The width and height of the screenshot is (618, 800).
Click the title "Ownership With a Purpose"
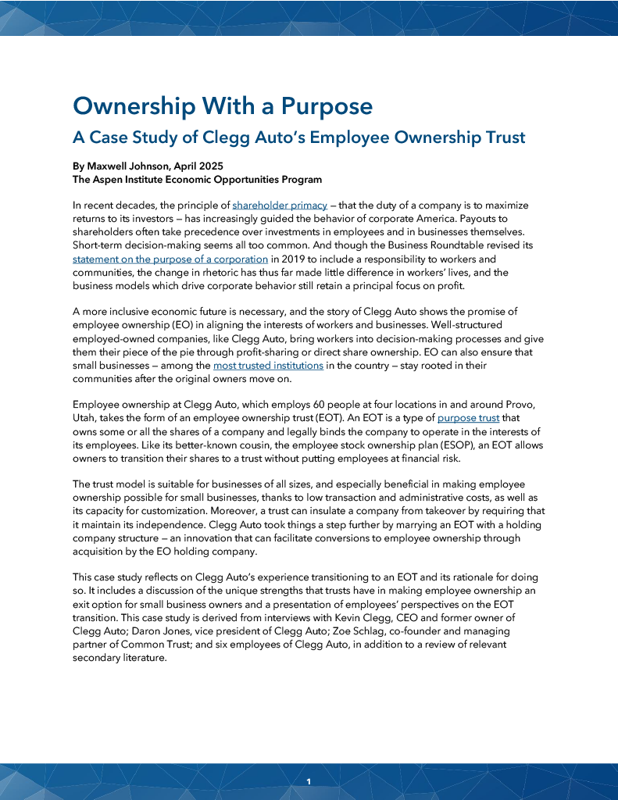click(x=222, y=106)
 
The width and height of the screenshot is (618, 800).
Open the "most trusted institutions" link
click(x=268, y=365)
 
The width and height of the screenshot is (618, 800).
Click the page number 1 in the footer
click(x=309, y=781)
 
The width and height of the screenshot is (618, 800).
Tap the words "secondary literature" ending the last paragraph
click(x=119, y=657)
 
